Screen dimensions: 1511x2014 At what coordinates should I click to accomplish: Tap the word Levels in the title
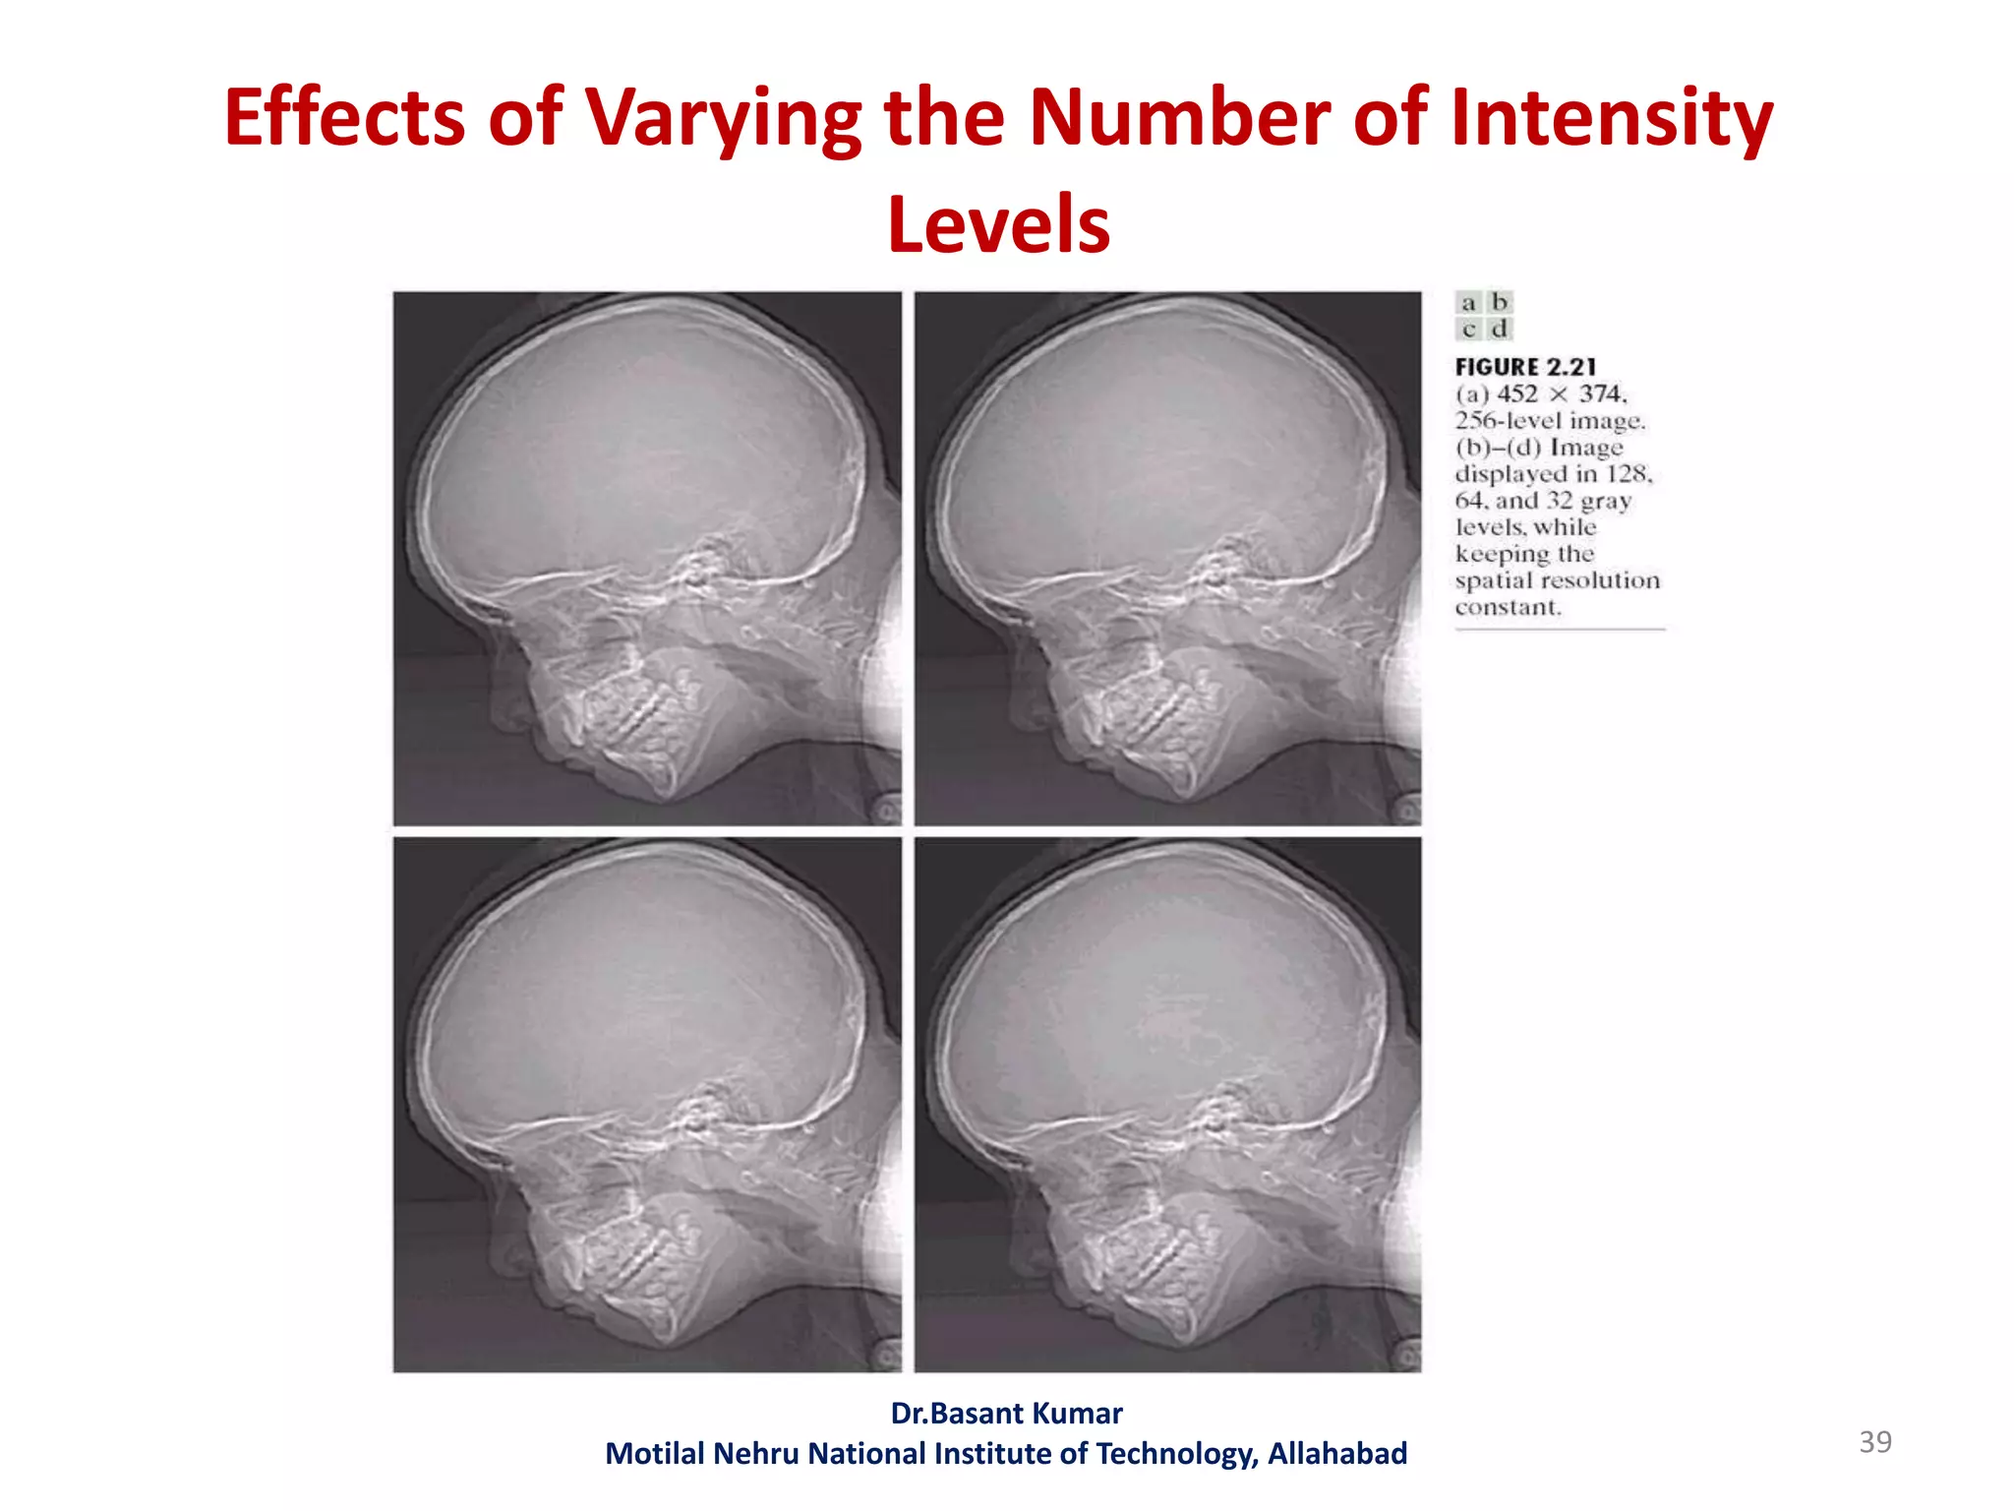(x=998, y=224)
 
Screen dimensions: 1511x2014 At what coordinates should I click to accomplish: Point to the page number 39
(x=1874, y=1442)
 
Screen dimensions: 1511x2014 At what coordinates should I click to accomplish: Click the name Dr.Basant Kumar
(x=1006, y=1414)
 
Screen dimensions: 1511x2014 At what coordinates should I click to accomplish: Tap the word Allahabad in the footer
(x=1336, y=1454)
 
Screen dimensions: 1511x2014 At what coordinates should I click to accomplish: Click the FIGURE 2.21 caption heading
(x=1525, y=367)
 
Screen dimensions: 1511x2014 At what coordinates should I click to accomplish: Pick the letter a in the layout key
(x=1468, y=303)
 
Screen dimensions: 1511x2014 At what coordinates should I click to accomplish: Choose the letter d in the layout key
(x=1499, y=329)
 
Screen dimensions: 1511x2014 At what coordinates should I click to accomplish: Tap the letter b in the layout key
(x=1499, y=302)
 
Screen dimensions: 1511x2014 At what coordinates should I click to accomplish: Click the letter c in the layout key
(x=1468, y=330)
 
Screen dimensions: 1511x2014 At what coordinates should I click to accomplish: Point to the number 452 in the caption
(x=1516, y=394)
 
